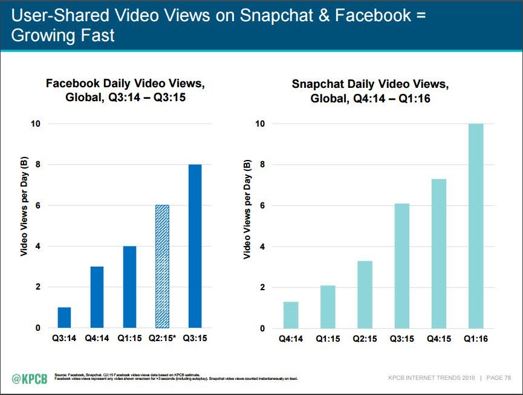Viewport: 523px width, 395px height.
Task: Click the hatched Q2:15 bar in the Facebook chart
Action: click(x=161, y=267)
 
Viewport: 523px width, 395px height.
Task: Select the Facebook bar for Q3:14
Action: click(x=64, y=317)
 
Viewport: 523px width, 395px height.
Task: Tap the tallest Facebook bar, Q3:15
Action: click(x=194, y=246)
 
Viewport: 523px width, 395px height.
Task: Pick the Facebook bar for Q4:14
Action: click(x=97, y=297)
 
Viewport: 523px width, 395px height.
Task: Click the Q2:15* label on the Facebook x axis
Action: click(x=162, y=339)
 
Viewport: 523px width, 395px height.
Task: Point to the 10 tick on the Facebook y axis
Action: click(x=36, y=124)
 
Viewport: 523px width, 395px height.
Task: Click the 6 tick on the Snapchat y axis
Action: click(x=262, y=205)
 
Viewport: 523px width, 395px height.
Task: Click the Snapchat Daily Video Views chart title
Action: click(x=369, y=90)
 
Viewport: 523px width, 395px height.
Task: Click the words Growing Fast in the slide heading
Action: click(x=63, y=36)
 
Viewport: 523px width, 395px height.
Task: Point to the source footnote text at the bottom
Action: click(x=175, y=377)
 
